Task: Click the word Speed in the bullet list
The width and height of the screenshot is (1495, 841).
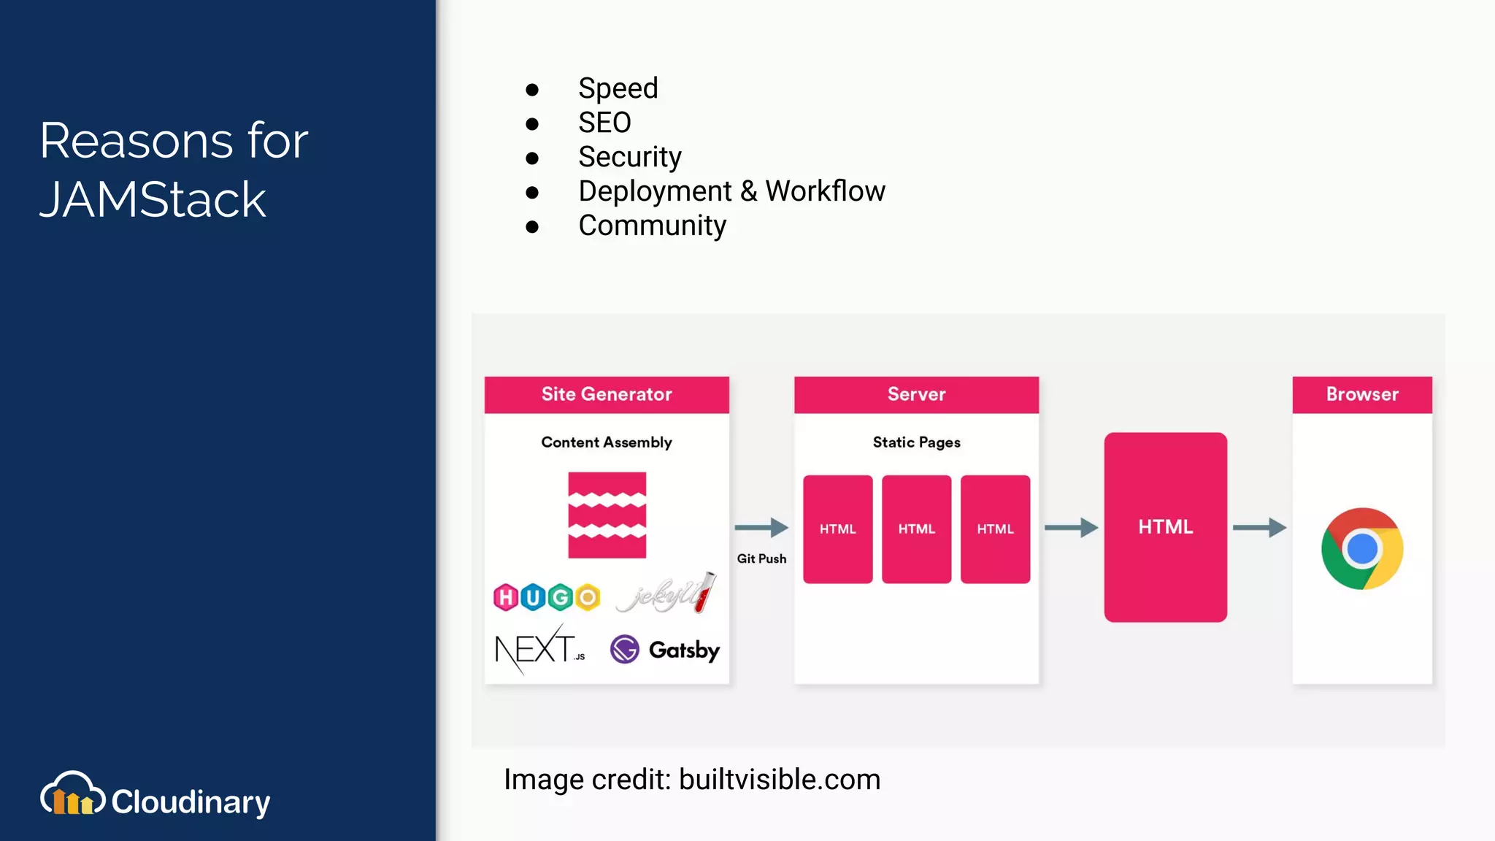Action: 618,88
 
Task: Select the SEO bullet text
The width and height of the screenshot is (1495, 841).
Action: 604,123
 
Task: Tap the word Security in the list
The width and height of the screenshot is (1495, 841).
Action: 629,157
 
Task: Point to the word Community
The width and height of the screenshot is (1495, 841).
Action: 652,226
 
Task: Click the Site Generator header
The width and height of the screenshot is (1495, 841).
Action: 607,394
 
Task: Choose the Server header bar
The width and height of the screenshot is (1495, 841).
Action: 916,394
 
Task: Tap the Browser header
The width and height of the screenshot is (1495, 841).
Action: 1362,394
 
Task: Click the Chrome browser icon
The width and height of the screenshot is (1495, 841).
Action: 1362,549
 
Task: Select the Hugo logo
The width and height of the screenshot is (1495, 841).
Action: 547,597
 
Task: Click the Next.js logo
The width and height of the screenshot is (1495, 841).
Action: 539,649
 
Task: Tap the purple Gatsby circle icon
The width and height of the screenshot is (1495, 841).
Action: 625,649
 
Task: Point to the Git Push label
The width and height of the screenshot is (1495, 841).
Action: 761,558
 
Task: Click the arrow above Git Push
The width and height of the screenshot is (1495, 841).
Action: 761,527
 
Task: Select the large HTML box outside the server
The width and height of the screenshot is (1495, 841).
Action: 1165,527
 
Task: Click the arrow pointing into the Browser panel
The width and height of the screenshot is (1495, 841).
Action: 1259,527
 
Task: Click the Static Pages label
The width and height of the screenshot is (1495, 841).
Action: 916,442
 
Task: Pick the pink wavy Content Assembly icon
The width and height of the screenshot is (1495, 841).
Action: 607,515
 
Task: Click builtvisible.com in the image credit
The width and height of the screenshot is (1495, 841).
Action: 780,780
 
